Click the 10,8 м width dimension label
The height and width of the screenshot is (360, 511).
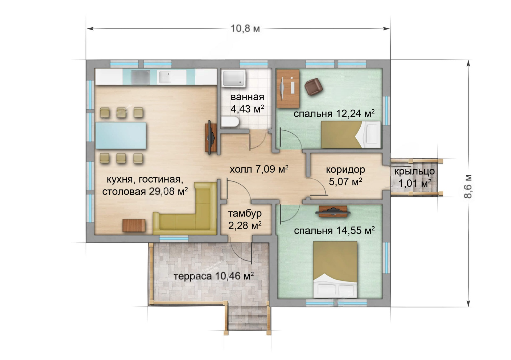[x=245, y=28]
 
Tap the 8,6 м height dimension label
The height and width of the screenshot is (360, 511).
[x=468, y=187]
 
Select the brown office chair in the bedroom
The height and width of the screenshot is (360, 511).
[x=314, y=86]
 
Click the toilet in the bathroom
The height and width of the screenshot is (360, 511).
[x=230, y=122]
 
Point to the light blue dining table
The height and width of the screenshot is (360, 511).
[x=121, y=135]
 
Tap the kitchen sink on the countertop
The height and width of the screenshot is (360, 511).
[x=165, y=77]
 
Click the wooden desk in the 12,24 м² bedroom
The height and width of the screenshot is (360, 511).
[x=288, y=89]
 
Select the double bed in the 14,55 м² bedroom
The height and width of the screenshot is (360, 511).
[x=335, y=270]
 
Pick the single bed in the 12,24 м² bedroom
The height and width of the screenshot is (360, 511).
[x=351, y=135]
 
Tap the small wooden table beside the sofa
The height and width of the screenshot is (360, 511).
[x=134, y=225]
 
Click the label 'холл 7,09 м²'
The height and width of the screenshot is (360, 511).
[x=259, y=169]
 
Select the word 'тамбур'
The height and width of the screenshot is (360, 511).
[x=245, y=213]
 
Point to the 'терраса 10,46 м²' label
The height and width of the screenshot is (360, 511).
[x=213, y=276]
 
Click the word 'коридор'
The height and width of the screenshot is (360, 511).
[x=345, y=170]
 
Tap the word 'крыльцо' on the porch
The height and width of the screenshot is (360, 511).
[x=414, y=172]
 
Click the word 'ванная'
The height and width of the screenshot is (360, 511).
[x=247, y=97]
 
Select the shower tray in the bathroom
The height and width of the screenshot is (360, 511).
[x=234, y=78]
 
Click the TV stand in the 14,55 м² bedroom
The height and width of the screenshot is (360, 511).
[x=333, y=212]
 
